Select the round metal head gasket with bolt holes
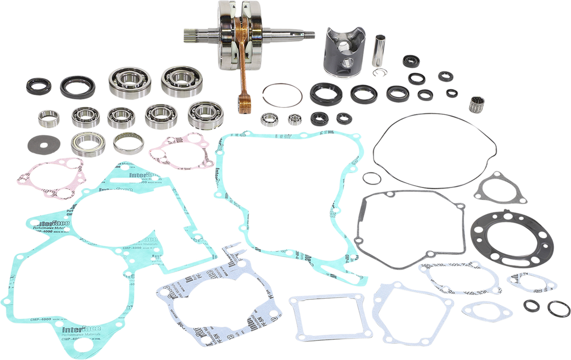click(x=503, y=238)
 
